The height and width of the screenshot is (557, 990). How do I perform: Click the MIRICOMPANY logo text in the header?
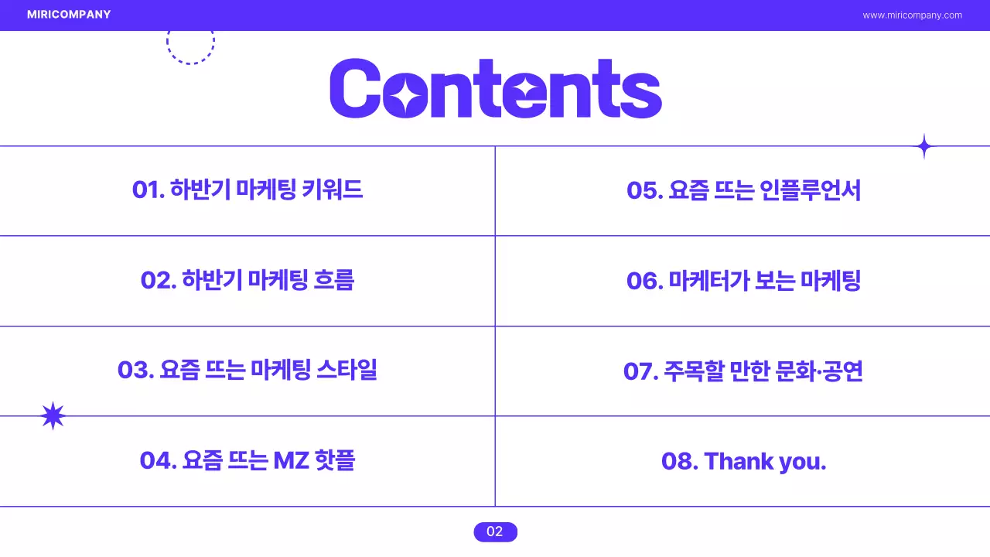68,15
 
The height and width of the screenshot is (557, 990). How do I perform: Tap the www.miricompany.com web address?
912,15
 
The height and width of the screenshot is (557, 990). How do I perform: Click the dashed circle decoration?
190,43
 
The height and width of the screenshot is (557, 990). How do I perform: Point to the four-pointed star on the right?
923,146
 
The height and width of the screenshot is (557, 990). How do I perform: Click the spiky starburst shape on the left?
53,416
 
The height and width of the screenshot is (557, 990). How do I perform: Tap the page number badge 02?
495,531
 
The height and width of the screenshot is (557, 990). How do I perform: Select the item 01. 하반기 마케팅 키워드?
247,190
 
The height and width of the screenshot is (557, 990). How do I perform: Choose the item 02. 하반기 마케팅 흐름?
247,280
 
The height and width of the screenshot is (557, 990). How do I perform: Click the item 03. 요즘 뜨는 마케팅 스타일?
247,370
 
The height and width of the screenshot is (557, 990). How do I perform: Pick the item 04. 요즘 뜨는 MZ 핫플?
247,460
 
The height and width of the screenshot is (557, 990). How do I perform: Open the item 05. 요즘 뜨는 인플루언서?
743,190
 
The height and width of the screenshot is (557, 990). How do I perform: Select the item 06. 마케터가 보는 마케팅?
743,280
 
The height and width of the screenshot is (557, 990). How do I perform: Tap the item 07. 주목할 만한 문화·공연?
743,371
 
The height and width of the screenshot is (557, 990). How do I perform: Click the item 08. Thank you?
743,461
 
